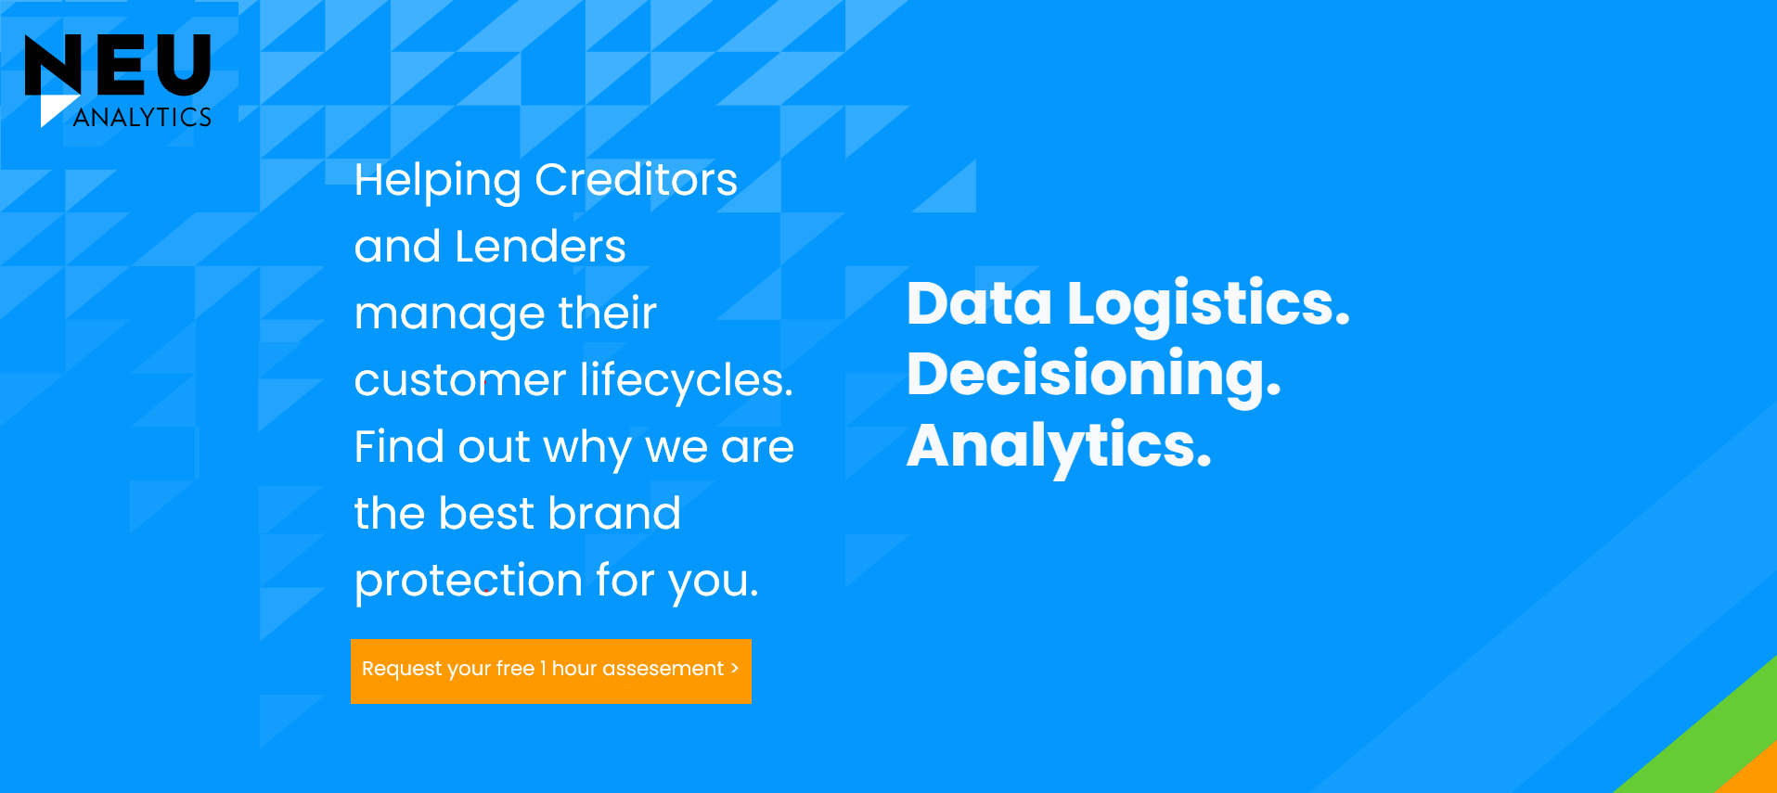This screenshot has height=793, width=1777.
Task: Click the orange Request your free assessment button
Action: [x=550, y=671]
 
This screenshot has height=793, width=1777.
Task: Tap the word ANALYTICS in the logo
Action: [x=143, y=117]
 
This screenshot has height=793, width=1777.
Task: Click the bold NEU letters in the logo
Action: [x=118, y=64]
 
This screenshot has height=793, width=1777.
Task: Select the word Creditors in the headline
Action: [x=636, y=179]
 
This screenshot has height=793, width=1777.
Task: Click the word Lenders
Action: [x=540, y=247]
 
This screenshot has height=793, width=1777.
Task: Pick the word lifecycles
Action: [x=686, y=380]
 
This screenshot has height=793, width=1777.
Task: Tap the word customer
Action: [x=460, y=380]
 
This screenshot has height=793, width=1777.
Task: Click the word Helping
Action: [x=437, y=181]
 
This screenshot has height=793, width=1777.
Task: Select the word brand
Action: [x=614, y=513]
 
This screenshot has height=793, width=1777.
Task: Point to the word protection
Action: [x=469, y=582]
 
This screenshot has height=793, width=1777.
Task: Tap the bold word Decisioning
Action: [x=1093, y=375]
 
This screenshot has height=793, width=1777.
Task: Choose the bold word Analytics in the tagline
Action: [x=1059, y=446]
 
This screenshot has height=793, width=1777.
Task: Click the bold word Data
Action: [x=979, y=303]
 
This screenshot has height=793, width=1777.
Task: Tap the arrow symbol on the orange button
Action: [x=735, y=668]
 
